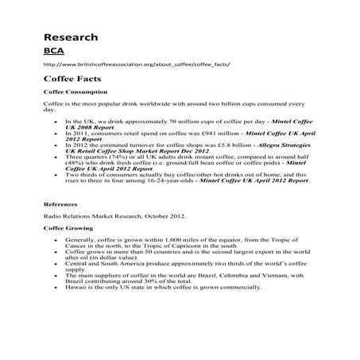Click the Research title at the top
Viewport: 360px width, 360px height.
tap(71, 37)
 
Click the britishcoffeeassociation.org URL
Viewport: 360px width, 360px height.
tap(137, 64)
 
